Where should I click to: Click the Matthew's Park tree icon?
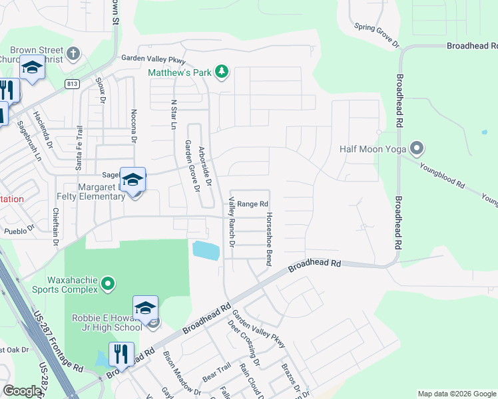point(222,72)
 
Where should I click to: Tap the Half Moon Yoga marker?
point(417,148)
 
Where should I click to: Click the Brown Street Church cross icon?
point(74,53)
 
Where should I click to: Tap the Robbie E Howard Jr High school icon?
point(145,308)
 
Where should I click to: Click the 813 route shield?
point(73,83)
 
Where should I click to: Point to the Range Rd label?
point(253,203)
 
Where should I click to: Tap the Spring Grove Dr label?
point(376,36)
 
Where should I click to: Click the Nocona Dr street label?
point(133,126)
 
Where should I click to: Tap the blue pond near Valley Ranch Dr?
point(205,251)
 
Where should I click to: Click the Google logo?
point(22,391)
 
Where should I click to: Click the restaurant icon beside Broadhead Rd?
point(121,354)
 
